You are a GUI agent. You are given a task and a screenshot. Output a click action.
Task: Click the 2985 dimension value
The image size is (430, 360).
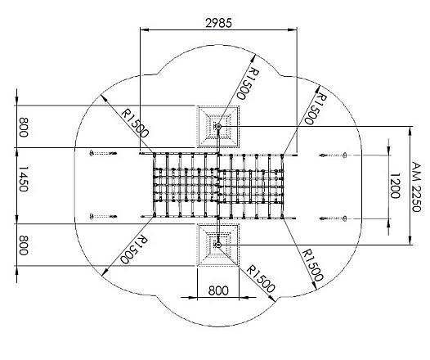[x=219, y=23]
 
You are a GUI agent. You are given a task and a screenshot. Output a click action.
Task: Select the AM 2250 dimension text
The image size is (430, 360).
[x=416, y=185]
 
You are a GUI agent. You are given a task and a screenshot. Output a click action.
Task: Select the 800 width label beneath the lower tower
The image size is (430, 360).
[x=218, y=290]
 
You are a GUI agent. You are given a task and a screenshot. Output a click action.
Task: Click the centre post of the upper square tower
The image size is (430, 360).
[x=218, y=127]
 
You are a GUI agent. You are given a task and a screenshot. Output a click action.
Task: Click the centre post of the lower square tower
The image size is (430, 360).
[x=218, y=244]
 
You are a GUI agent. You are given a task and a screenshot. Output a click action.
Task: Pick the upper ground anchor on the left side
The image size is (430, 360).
[x=103, y=153]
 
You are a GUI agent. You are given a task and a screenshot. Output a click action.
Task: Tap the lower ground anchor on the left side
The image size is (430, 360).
[x=103, y=218]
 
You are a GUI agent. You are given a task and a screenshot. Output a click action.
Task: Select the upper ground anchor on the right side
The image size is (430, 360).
[x=335, y=154]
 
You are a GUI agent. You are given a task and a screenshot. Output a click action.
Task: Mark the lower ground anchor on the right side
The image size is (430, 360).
[x=335, y=218]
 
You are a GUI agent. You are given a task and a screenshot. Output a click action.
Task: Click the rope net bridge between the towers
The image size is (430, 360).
[x=218, y=186]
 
